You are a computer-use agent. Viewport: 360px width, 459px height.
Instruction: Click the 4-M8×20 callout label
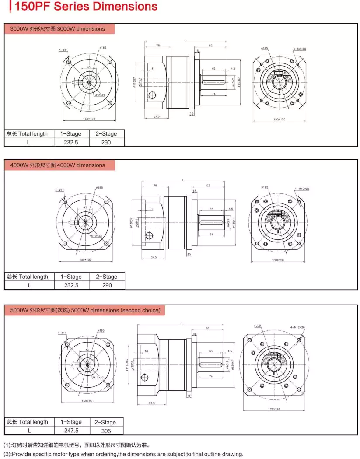(299, 49)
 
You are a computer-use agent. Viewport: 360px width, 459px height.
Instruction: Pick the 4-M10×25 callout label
(302, 189)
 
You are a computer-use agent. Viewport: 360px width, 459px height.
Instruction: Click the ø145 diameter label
(265, 49)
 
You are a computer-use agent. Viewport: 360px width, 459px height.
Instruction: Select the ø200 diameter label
(257, 326)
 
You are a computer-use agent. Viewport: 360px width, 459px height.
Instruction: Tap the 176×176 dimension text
(273, 410)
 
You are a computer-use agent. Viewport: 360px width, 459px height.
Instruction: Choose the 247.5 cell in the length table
(71, 431)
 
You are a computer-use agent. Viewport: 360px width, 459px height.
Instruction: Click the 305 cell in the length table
(105, 431)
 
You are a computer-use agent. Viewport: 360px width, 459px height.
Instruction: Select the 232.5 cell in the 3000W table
(71, 142)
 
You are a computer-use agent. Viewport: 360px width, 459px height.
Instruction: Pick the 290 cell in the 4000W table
(107, 285)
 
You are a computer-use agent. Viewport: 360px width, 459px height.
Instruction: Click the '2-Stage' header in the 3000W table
(106, 134)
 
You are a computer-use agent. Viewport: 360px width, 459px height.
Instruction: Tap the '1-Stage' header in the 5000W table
(71, 422)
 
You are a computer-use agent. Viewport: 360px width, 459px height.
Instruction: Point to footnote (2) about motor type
(123, 454)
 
